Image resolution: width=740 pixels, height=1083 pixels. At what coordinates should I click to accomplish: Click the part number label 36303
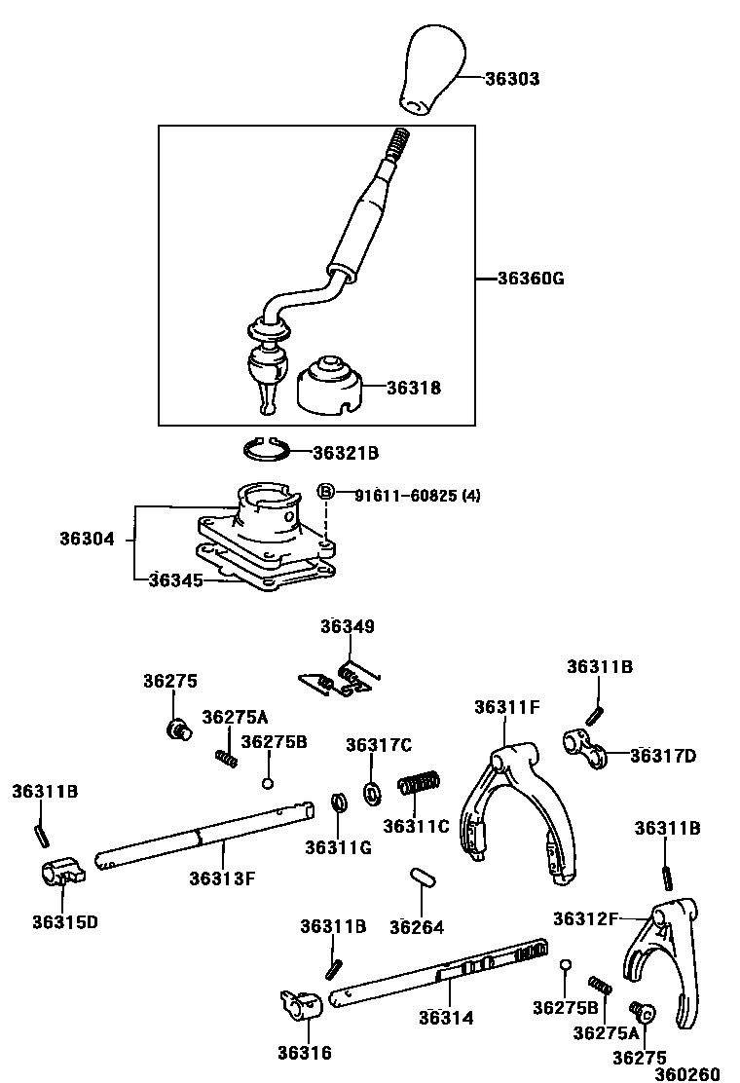coord(512,79)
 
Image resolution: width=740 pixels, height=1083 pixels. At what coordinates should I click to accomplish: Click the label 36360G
coord(531,279)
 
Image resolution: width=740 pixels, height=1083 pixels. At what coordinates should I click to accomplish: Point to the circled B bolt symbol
coord(326,493)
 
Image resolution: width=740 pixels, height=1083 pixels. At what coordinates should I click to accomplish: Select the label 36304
coord(86,538)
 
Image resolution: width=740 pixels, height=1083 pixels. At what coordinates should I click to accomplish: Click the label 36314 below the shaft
coord(446,1018)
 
